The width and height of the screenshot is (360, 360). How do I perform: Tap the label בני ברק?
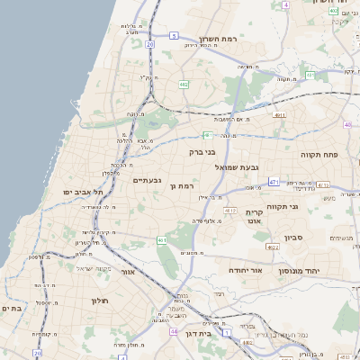tap(202, 152)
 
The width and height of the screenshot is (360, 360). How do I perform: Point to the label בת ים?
tap(12, 309)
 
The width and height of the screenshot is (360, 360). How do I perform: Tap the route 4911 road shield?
tap(280, 116)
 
